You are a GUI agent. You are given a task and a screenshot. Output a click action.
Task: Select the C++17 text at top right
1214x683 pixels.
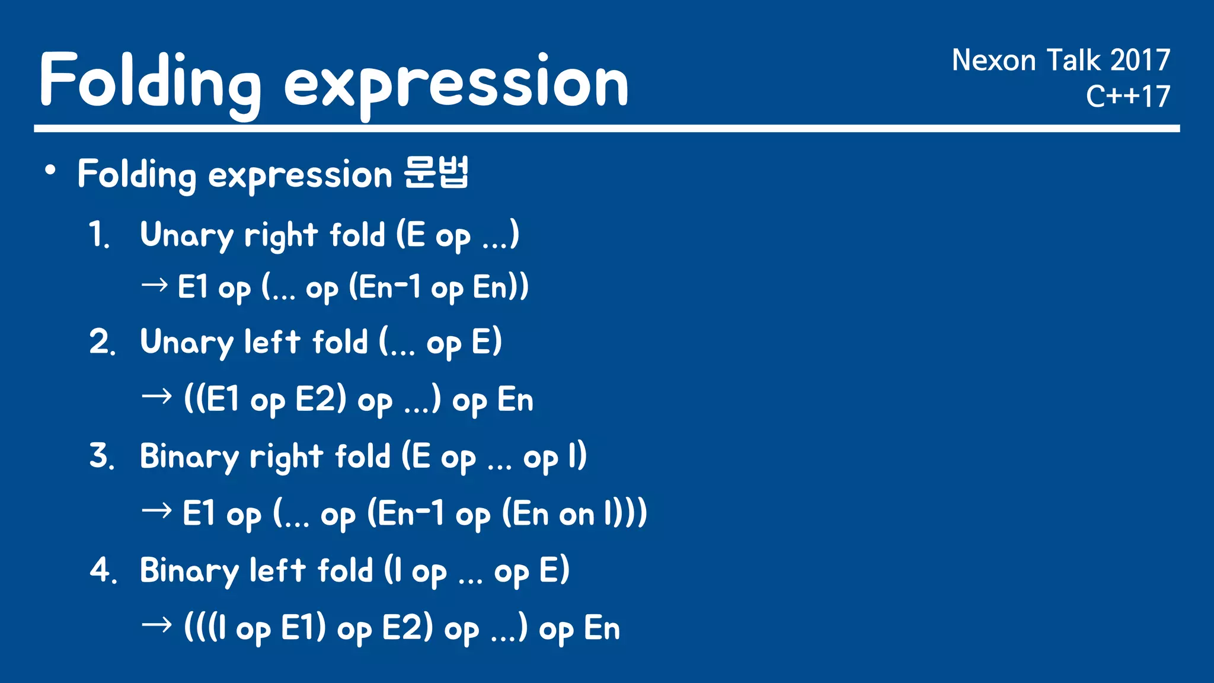tap(1127, 97)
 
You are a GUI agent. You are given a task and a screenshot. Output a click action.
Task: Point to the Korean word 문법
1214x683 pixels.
tap(436, 173)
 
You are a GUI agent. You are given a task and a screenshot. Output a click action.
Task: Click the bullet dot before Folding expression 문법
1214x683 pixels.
tap(50, 171)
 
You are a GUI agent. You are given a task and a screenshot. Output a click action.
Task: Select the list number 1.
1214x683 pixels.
tap(98, 235)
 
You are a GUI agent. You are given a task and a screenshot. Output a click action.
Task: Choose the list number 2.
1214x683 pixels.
tap(101, 343)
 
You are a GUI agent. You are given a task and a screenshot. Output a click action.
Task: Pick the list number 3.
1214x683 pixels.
tap(101, 457)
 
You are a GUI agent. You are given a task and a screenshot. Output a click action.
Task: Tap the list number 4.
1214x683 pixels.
tap(103, 570)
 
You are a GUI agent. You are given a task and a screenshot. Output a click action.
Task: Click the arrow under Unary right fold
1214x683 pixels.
tap(155, 286)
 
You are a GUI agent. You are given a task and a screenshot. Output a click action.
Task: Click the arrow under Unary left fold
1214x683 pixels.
tap(157, 396)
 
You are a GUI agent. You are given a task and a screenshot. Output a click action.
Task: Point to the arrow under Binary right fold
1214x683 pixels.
tap(157, 510)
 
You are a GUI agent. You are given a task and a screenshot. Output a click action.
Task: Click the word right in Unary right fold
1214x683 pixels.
tap(281, 236)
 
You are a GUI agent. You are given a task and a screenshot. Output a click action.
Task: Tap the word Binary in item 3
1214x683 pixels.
tap(189, 457)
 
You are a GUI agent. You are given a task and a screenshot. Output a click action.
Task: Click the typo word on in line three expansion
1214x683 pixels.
tap(576, 515)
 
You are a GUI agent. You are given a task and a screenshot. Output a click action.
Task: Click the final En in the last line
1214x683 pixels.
tap(602, 628)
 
